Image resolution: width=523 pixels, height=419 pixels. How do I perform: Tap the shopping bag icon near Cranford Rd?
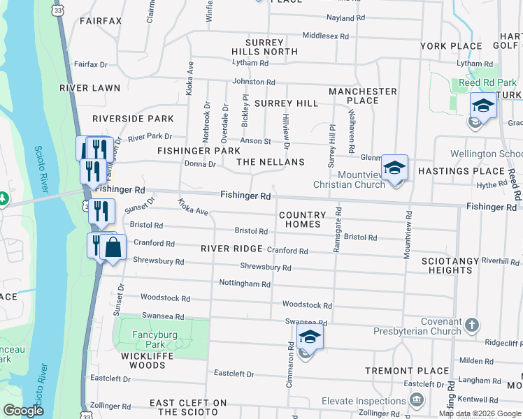pyautogui.click(x=113, y=247)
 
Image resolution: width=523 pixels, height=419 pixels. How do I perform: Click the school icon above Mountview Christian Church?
pyautogui.click(x=394, y=168)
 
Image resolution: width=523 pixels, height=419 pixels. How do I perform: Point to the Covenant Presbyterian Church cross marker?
pyautogui.click(x=473, y=325)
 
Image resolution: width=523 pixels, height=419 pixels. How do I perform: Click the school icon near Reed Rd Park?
pyautogui.click(x=482, y=105)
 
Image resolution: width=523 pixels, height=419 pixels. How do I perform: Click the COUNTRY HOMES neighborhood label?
pyautogui.click(x=302, y=220)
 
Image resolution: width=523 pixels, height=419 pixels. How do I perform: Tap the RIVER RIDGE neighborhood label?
pyautogui.click(x=231, y=249)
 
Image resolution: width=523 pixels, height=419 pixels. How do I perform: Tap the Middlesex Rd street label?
pyautogui.click(x=324, y=36)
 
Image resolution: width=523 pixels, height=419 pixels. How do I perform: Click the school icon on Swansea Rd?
pyautogui.click(x=310, y=337)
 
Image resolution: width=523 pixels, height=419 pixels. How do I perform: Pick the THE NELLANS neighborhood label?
pyautogui.click(x=271, y=162)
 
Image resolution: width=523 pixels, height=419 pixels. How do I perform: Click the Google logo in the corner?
pyautogui.click(x=23, y=411)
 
